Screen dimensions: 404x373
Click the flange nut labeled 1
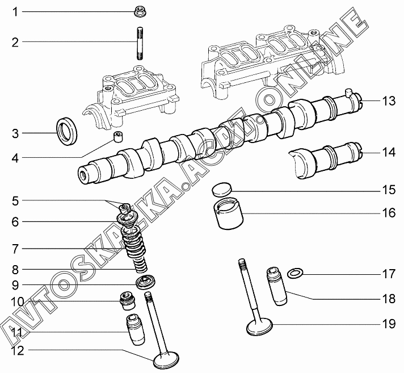pos(140,12)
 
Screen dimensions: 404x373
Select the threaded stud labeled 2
pos(140,43)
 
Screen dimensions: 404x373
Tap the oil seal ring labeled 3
pos(67,131)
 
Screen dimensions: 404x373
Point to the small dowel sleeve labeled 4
pos(118,136)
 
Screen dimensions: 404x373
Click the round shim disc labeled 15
pos(222,190)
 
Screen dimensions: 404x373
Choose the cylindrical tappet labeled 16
pos(228,213)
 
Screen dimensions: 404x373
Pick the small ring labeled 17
pos(295,273)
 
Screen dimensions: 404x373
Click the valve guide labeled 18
pos(277,286)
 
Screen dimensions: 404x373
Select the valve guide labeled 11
pos(135,330)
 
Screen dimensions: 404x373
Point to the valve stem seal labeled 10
pos(128,301)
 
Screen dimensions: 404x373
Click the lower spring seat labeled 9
pos(146,282)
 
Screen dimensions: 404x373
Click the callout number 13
pos(389,101)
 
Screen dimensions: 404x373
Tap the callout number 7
pos(15,249)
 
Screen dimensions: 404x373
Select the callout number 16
pos(389,213)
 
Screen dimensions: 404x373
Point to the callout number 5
pos(15,201)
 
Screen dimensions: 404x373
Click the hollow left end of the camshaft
pos(85,175)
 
